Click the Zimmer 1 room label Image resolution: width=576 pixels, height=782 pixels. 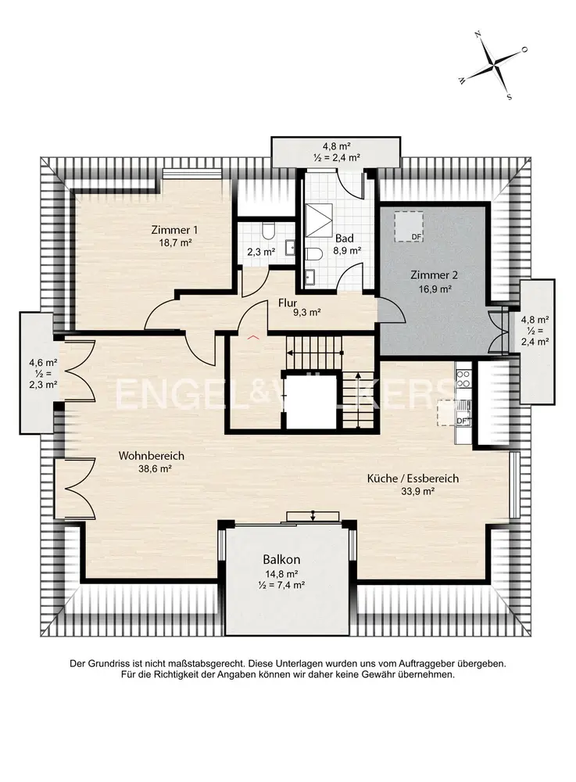(x=174, y=230)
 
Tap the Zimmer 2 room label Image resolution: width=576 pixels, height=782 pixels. (x=434, y=274)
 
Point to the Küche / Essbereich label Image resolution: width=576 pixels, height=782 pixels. (x=413, y=479)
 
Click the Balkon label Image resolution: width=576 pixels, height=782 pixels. (x=281, y=560)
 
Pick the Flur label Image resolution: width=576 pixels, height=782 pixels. (x=288, y=303)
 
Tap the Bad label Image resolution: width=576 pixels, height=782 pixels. (x=345, y=239)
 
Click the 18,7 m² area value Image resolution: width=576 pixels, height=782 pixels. (x=174, y=242)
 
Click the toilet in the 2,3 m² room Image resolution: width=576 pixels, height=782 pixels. (x=267, y=231)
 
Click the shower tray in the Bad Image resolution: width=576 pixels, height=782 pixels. (x=318, y=220)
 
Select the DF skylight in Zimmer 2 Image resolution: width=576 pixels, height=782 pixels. (x=409, y=226)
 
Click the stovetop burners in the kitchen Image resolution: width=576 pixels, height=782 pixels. (x=463, y=378)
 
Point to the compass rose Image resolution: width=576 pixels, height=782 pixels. (x=493, y=66)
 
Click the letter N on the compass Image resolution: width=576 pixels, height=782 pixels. (x=478, y=35)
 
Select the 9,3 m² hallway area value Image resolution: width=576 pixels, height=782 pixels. (x=306, y=313)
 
